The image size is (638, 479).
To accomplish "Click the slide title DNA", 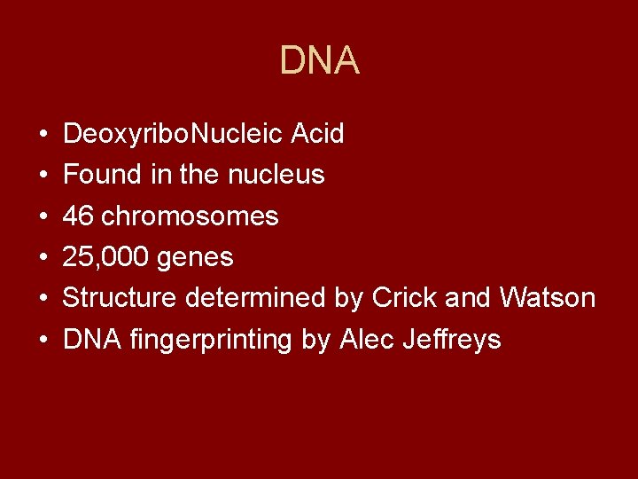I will point(319,61).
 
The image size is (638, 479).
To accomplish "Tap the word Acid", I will point(320,135).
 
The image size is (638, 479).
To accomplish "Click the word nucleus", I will point(276,175).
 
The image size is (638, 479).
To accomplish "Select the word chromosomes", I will point(191,216).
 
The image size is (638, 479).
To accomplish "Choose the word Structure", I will point(120,298).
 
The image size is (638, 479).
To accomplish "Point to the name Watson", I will point(548,298).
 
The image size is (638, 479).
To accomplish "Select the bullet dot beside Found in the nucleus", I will point(43,176).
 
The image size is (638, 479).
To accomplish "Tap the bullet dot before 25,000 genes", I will point(43,258).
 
